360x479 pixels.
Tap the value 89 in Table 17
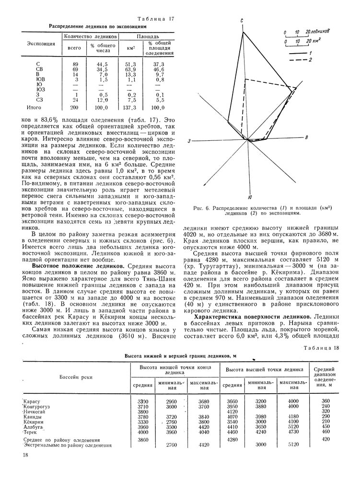click(75, 64)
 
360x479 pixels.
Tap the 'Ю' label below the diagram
click(251, 197)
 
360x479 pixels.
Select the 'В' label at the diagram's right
click(306, 137)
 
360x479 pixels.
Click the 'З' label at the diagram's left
click(189, 141)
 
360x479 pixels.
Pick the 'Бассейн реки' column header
click(75, 377)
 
